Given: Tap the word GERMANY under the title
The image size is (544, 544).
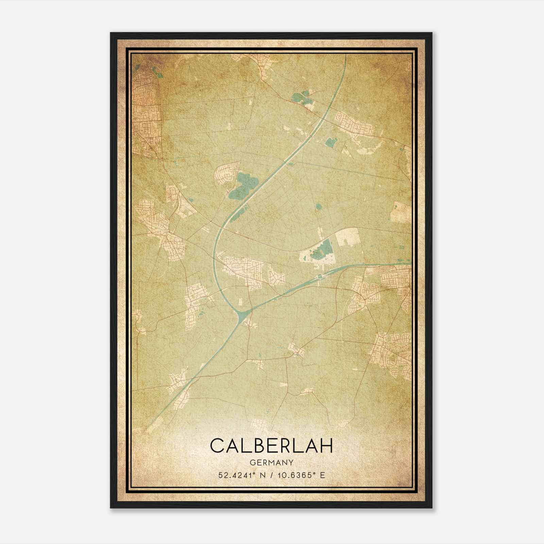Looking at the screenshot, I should (271, 462).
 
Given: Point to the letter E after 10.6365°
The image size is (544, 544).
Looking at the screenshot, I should (323, 475).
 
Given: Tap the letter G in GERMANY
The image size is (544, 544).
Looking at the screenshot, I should (252, 462).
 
